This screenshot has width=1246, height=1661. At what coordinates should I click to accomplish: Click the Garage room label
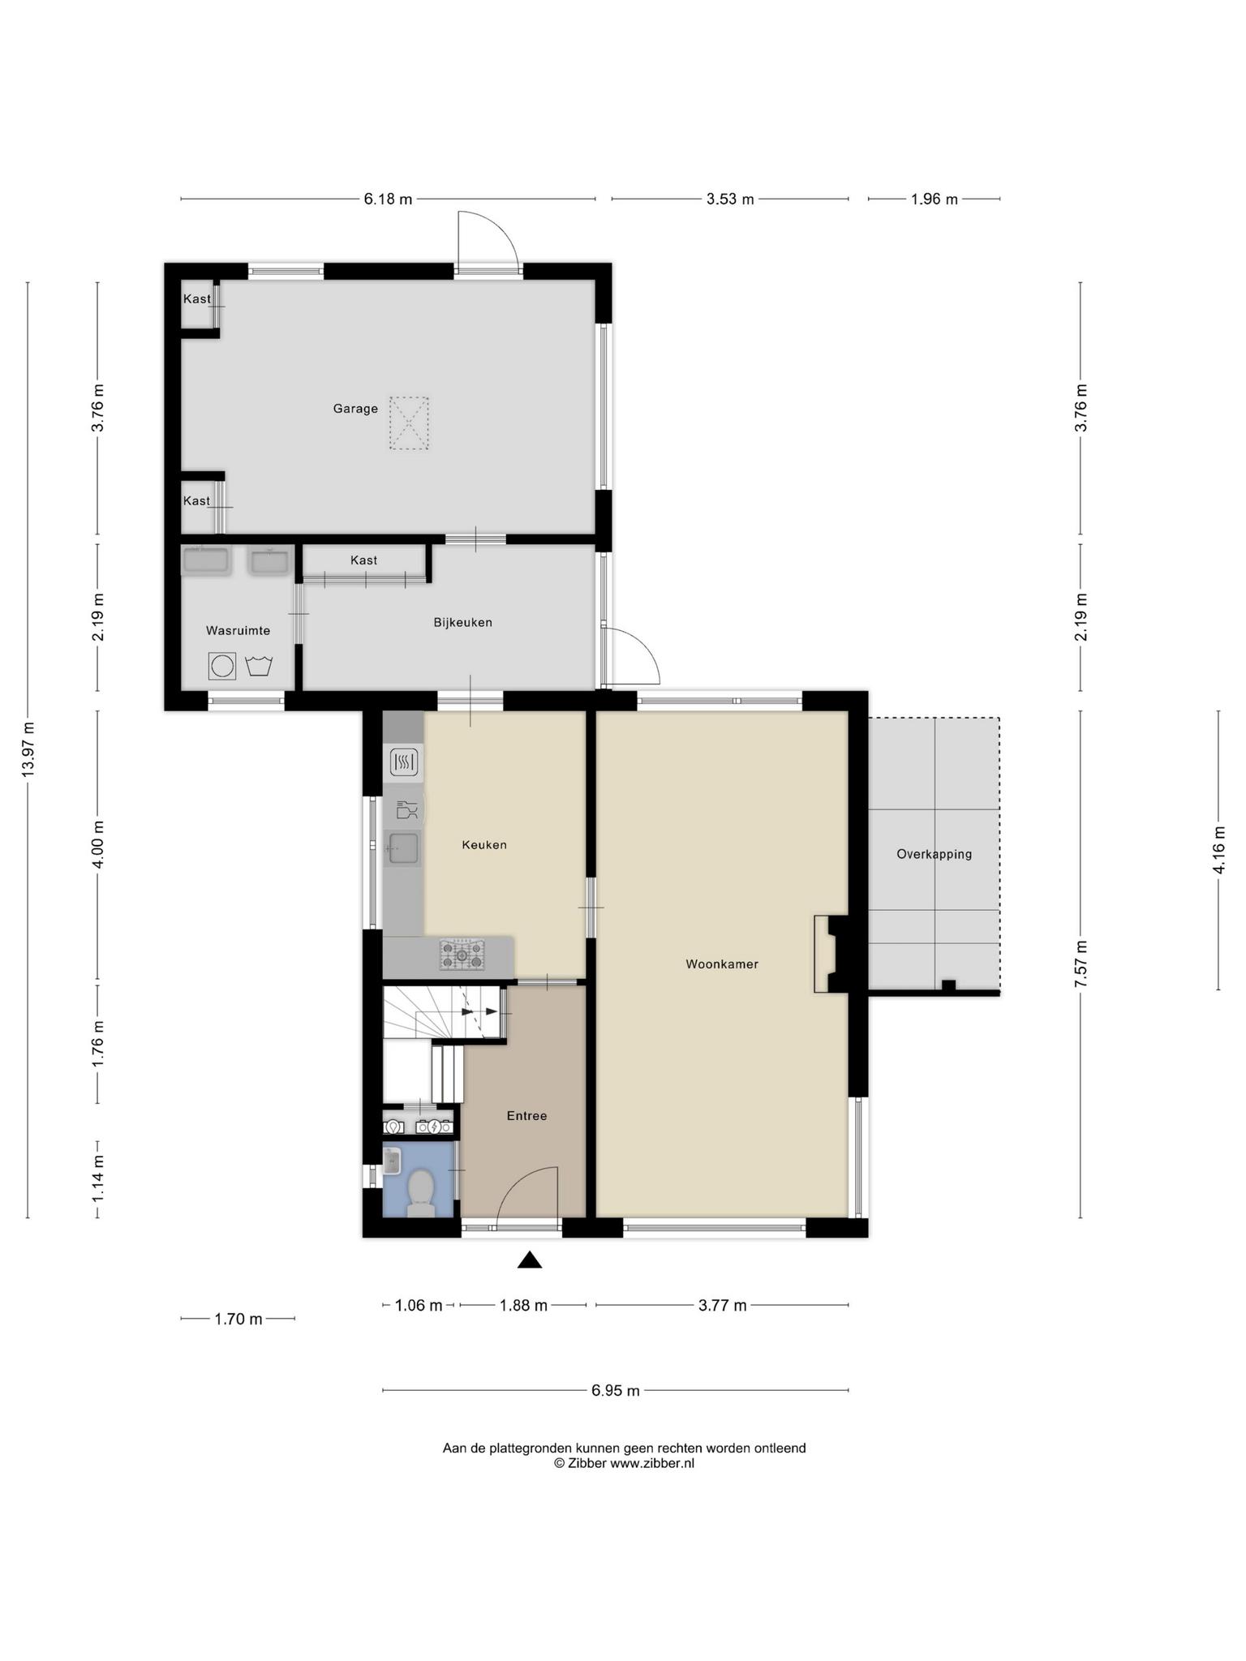coord(355,409)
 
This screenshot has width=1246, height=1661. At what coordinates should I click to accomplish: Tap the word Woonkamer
coord(722,964)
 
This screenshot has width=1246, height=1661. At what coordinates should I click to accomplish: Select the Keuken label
coord(484,845)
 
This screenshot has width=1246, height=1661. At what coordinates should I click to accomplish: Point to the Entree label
coord(526,1116)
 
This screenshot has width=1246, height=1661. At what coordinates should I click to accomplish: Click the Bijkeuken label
coord(463,623)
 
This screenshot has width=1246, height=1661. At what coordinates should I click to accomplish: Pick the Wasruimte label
coord(238,631)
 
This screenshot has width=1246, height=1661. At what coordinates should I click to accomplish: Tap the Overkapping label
coord(934,854)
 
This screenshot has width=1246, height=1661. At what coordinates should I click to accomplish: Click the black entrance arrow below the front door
coord(530,1260)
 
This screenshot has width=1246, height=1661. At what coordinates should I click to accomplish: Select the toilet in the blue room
coord(420,1192)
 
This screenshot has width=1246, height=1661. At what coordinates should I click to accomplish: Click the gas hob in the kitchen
coord(462,955)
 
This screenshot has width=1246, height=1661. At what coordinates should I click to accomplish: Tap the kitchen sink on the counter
coord(403,848)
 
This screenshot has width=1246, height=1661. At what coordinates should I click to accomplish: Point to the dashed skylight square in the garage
coord(409,423)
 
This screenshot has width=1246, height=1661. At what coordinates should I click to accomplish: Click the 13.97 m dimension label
coord(28,749)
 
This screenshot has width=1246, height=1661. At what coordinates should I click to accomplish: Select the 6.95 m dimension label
coord(616,1390)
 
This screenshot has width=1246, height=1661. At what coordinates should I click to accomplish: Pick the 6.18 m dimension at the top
coord(388,199)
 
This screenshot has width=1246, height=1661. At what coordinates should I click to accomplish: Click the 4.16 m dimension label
coord(1218,850)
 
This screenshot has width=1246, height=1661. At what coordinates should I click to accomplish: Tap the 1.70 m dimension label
coord(238,1319)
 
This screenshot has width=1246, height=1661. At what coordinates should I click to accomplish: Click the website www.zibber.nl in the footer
coord(652,1463)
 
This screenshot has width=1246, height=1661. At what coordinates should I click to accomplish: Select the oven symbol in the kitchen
coord(403,762)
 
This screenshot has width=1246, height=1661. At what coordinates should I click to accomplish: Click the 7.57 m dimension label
coord(1081,964)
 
